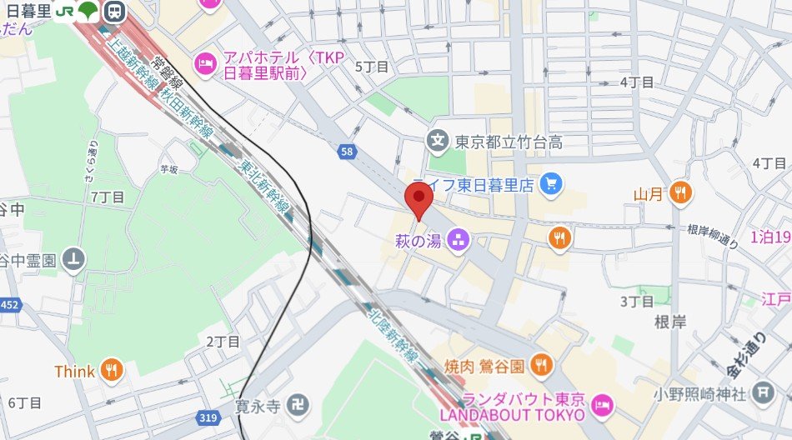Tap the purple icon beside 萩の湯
pos(457,242)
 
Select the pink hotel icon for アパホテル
pos(204,62)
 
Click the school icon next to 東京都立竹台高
pos(437,142)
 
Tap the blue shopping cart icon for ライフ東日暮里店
pos(549,185)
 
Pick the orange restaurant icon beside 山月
pos(681,194)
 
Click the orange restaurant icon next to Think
pos(111,371)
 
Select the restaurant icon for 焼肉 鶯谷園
pos(542,365)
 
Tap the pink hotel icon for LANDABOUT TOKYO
pos(601,405)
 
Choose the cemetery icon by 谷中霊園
pos(75,260)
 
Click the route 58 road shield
pos(346,151)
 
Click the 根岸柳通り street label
pos(713,236)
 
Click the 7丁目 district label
pos(108,197)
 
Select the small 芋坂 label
pos(169,167)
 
